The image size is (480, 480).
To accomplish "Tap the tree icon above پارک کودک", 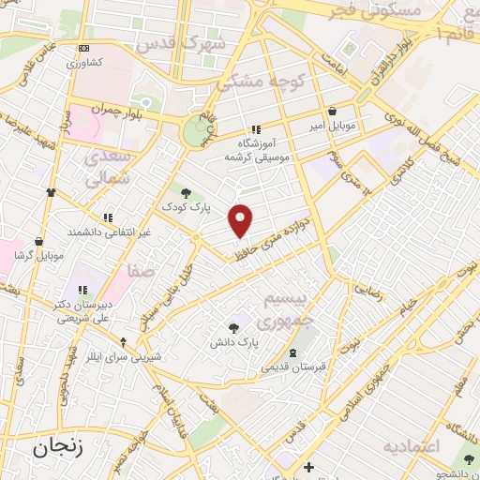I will [x=187, y=193].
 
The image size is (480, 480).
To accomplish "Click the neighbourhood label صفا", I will [x=142, y=272].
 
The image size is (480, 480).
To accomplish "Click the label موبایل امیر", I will [x=333, y=124].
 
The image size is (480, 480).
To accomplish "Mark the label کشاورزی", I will [x=83, y=63].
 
